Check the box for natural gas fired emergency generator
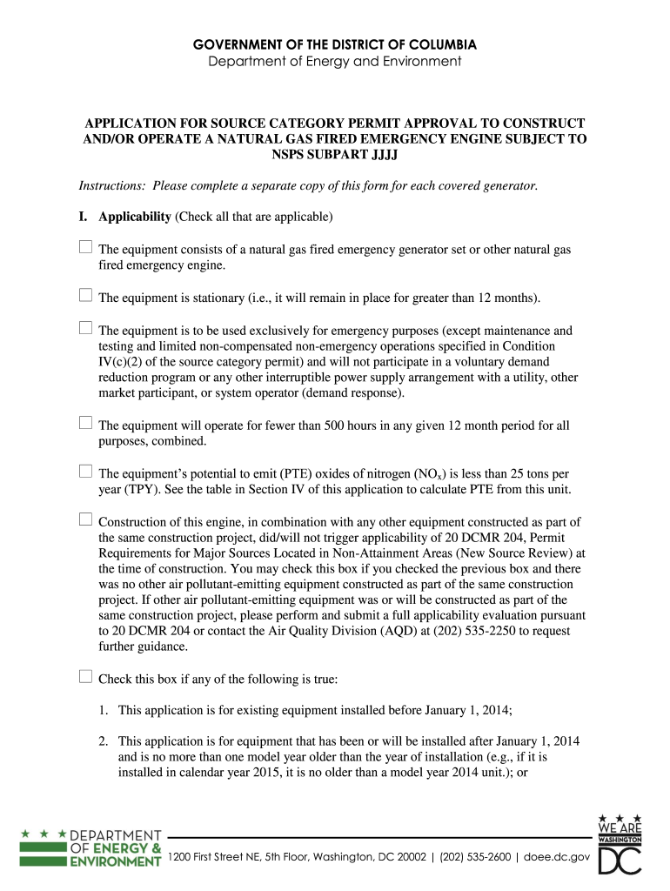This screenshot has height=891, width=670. pos(85,248)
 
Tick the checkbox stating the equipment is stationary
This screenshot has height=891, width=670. pos(85,296)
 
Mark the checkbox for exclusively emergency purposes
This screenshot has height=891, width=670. pos(85,329)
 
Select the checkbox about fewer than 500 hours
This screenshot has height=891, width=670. pos(85,424)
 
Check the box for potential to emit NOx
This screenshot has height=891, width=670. pos(85,472)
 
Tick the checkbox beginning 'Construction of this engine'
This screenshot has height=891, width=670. pos(85,519)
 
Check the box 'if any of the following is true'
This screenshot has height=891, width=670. pos(85,677)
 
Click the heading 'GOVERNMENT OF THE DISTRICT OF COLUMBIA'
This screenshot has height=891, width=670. pos(335,44)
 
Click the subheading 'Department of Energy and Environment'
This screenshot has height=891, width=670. pos(335,61)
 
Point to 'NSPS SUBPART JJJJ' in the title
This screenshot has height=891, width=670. pos(334,156)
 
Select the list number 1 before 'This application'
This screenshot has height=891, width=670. pos(103,710)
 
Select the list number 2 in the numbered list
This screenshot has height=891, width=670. pos(103,741)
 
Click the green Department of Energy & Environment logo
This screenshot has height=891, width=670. pos(90,847)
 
